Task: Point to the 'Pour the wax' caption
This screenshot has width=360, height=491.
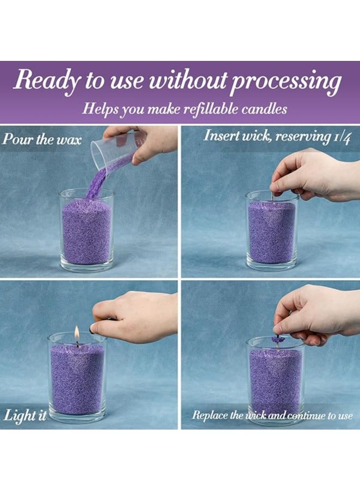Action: click(x=42, y=139)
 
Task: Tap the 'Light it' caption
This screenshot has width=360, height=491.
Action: click(x=26, y=416)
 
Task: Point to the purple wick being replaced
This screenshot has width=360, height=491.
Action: click(x=278, y=340)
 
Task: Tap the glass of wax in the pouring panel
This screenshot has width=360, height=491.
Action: click(x=87, y=231)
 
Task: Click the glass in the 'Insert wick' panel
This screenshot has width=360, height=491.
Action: click(x=272, y=231)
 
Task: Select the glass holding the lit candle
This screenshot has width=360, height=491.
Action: click(x=77, y=378)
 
